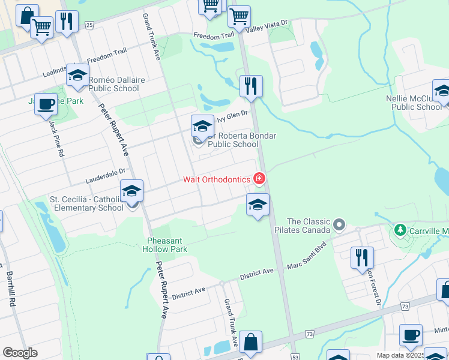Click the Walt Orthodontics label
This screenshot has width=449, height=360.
216,179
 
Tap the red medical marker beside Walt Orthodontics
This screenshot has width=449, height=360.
259,178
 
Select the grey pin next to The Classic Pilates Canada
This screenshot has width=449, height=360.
339,225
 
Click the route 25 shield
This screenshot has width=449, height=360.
89,25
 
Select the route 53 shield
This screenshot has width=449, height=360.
295,356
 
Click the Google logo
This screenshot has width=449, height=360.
20,352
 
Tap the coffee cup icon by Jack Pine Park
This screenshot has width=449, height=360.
46,104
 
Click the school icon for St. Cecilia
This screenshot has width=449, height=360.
131,191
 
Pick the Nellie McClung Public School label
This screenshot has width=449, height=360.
416,103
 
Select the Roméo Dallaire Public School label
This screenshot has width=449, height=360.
113,84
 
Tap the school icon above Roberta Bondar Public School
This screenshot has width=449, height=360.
202,127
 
